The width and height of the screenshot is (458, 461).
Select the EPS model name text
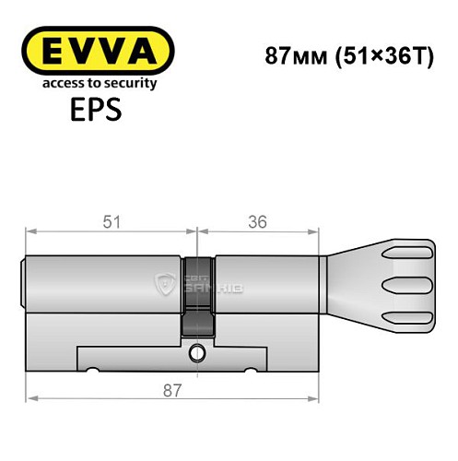(90, 111)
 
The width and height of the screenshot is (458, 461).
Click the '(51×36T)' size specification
(380, 53)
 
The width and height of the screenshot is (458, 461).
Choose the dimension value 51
(111, 221)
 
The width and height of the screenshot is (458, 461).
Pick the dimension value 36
(259, 221)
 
